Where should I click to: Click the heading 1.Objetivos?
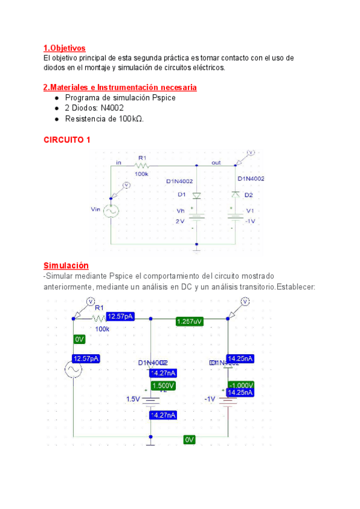point(64,48)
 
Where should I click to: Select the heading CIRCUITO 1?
point(67,140)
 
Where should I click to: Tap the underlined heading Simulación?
point(66,265)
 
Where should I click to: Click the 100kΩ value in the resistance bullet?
point(131,119)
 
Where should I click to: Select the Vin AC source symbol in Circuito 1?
point(112,210)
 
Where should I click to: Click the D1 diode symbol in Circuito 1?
point(197,195)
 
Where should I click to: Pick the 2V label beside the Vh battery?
point(180,221)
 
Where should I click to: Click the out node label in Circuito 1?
point(216,163)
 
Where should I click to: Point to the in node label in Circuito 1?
point(119,163)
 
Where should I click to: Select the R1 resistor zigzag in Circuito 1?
point(142,165)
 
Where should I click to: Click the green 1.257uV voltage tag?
point(190,322)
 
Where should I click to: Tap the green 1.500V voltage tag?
point(163,385)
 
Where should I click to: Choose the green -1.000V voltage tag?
point(241,385)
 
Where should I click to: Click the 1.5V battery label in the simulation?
point(133,399)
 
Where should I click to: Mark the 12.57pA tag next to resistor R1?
point(121,317)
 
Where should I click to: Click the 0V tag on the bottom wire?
point(190,439)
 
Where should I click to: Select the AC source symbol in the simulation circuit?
point(74,370)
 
